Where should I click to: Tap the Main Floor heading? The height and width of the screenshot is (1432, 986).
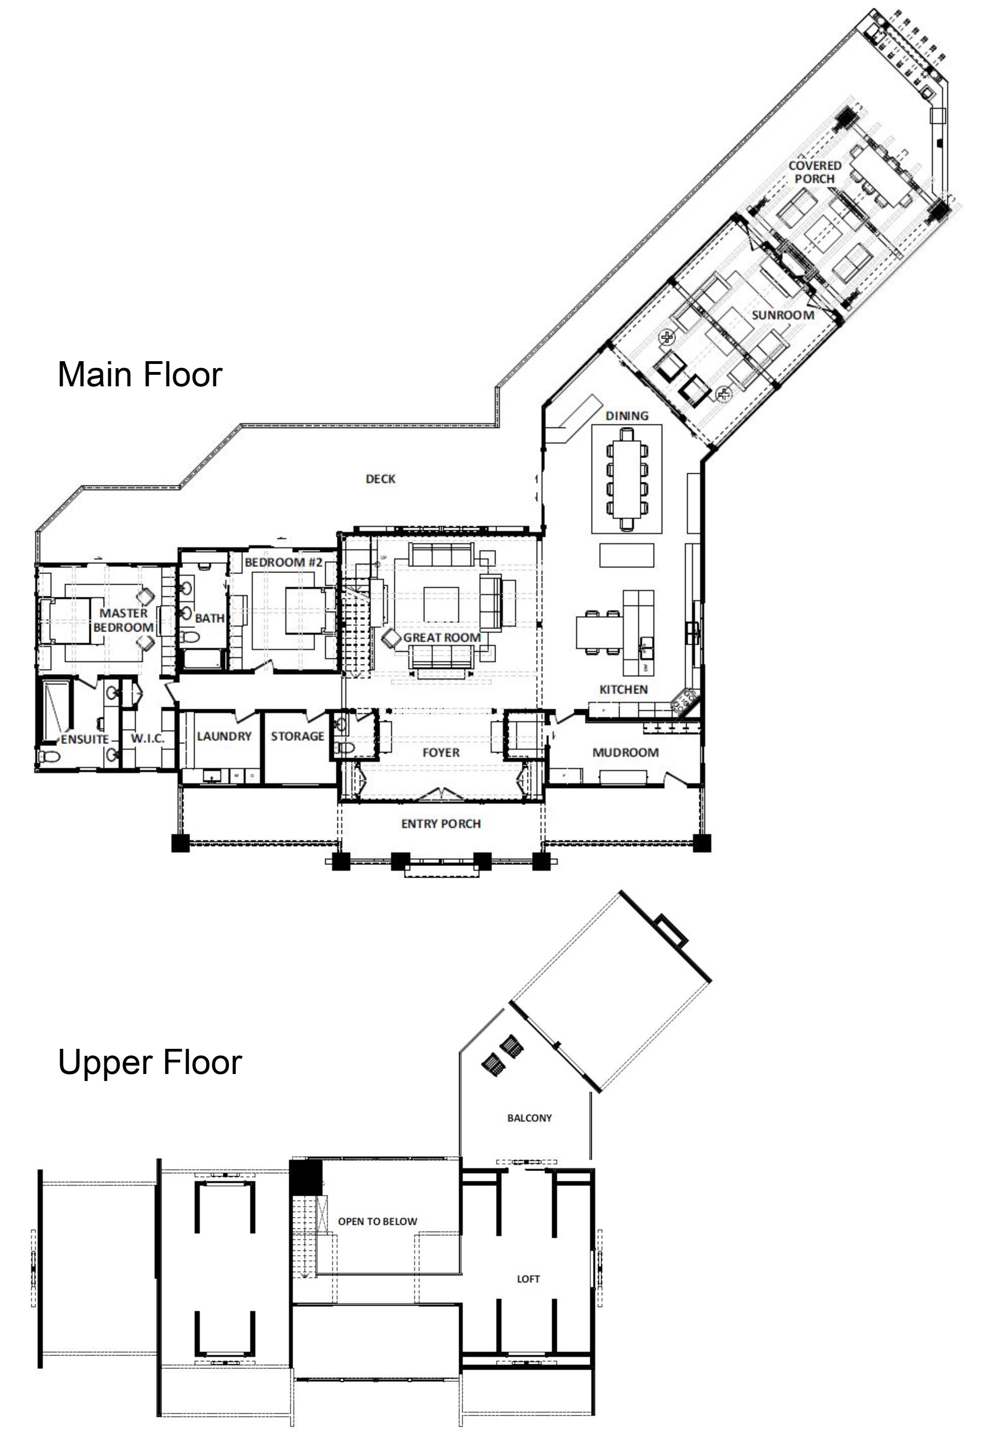click(x=140, y=374)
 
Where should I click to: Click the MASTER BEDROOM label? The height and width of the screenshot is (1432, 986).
click(x=124, y=620)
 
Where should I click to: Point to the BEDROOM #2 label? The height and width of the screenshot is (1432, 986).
click(x=284, y=563)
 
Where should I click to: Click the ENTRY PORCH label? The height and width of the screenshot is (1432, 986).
click(x=441, y=823)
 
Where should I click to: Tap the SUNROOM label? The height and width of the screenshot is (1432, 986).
click(x=782, y=315)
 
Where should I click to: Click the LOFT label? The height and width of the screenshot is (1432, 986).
click(x=528, y=1279)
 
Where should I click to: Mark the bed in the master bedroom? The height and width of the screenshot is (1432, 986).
click(x=65, y=620)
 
